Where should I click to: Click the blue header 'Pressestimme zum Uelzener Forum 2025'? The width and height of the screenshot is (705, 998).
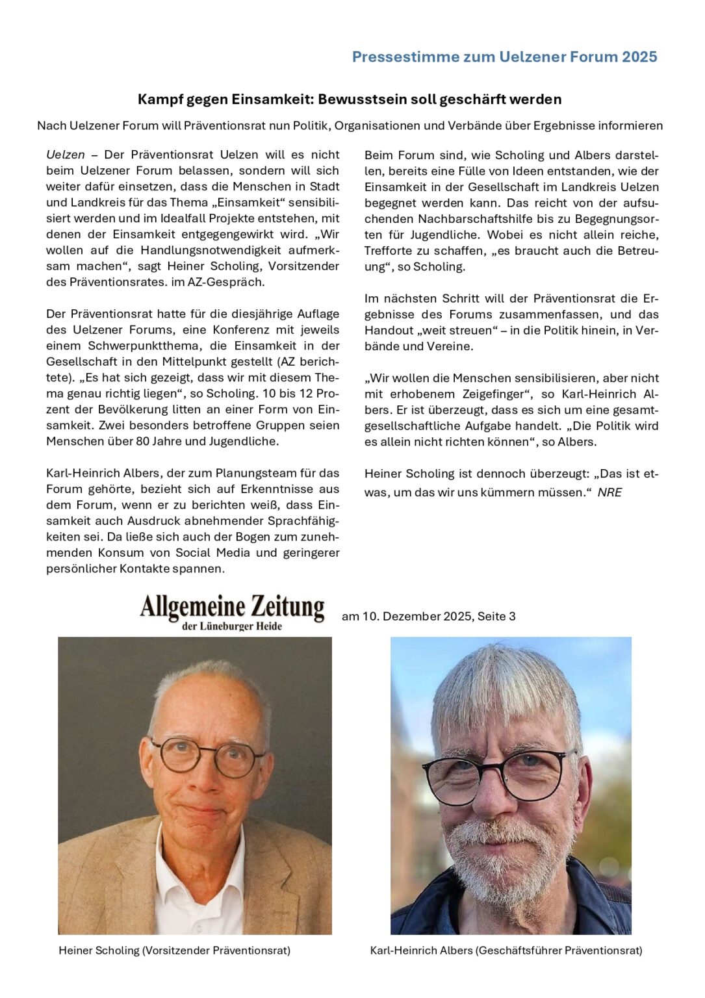(504, 57)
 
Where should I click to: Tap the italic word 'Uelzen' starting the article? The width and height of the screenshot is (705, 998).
(66, 155)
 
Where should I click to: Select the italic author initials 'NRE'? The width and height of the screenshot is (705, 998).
(609, 493)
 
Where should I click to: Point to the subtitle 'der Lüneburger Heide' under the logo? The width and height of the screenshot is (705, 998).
(232, 626)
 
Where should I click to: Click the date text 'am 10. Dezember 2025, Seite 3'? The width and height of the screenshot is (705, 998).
(428, 616)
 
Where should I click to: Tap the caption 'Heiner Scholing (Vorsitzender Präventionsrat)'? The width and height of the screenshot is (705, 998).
(174, 950)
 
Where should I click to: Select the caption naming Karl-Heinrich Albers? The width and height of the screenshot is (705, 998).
(506, 950)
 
